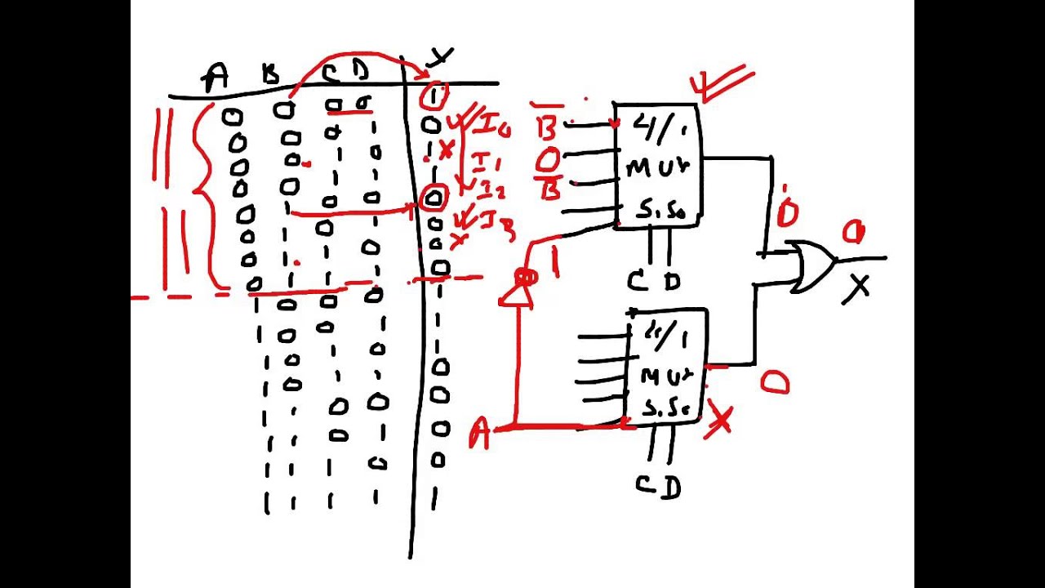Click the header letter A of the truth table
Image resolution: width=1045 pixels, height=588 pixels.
216,78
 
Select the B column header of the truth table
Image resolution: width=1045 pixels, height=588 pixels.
270,76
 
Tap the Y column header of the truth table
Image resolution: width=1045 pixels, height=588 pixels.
441,57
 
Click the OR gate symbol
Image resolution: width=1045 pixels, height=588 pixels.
812,265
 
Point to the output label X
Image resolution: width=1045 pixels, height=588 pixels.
857,288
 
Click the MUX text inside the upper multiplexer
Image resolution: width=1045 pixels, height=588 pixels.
657,167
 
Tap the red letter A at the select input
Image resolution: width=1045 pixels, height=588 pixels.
479,434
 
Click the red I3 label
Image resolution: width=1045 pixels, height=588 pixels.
496,222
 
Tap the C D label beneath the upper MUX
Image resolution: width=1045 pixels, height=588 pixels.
653,282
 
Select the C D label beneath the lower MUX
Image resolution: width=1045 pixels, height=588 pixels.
658,487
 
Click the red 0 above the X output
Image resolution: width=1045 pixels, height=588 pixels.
853,234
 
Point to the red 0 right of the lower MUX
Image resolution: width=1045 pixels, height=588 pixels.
775,383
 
